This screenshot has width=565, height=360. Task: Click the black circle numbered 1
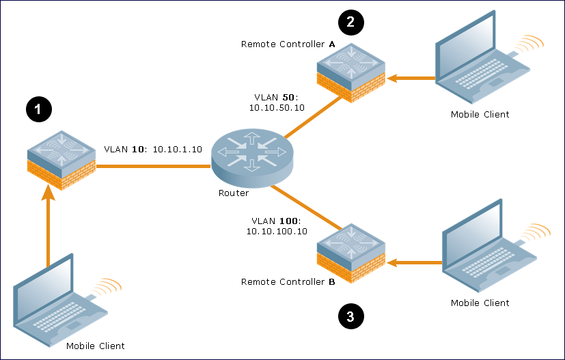coord(39,109)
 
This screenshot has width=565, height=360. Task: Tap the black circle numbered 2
coord(351,23)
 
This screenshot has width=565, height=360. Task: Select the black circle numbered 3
coord(351,316)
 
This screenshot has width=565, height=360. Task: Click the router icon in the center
coord(252,158)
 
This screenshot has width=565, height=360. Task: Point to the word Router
coord(234,193)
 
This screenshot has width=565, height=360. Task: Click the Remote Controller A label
coord(288,44)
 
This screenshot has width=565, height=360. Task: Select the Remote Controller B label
coord(288,282)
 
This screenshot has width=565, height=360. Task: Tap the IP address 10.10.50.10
coord(277,108)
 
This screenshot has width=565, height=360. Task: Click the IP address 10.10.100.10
coord(277,232)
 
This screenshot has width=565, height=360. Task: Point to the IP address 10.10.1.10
coord(177,149)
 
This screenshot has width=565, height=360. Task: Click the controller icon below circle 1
coord(61,161)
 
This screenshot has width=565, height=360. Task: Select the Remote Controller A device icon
coord(351,73)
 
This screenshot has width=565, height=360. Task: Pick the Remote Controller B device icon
coord(351,253)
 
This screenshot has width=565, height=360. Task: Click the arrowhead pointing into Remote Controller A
coord(392,78)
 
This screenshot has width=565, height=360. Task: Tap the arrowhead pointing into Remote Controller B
coord(392,263)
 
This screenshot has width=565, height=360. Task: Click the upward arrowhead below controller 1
coord(48,193)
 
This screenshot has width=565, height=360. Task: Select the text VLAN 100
coord(275,221)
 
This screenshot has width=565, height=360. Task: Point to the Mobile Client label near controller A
coord(480,115)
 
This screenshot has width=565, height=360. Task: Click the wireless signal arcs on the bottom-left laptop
coord(107,287)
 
